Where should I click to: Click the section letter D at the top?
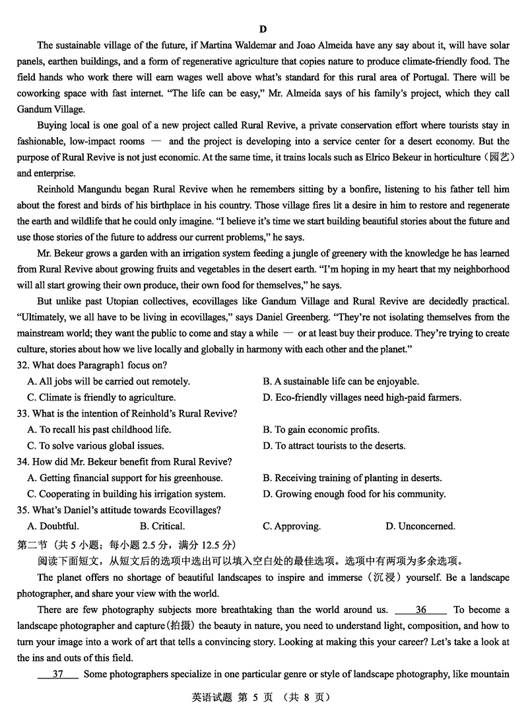[263, 29]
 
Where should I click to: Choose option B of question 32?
[341, 381]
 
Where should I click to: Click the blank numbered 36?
[421, 610]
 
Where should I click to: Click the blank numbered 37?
[58, 674]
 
